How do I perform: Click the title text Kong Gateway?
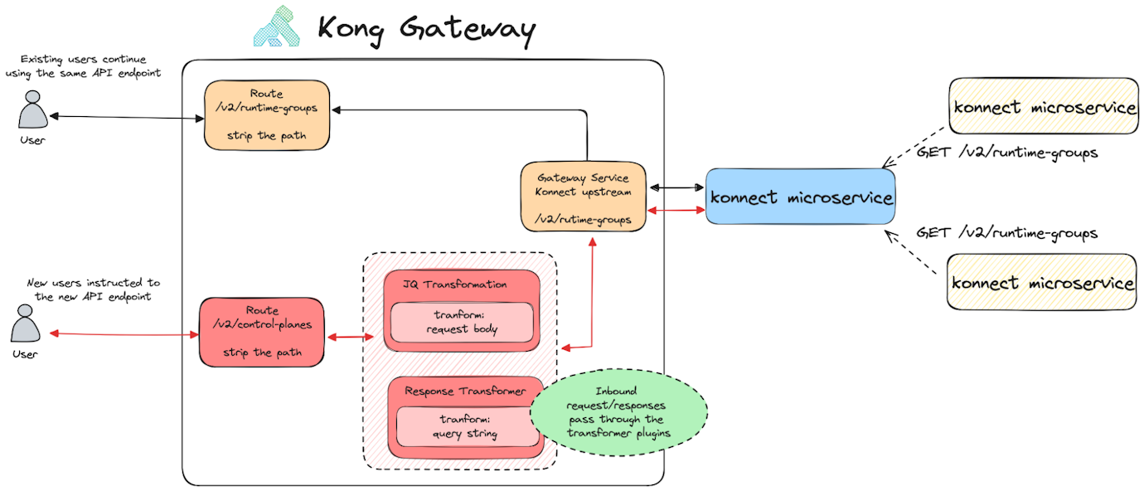tap(426, 30)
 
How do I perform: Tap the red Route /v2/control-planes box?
tap(261, 332)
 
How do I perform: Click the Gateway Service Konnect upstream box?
tap(583, 197)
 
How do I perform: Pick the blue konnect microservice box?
tap(800, 197)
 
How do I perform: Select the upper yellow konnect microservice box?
tap(1043, 107)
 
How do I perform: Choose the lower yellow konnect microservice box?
tap(1042, 282)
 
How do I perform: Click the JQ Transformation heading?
tap(454, 284)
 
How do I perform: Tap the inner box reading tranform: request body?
tap(462, 323)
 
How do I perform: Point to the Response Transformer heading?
tap(465, 391)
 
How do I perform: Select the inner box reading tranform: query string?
tap(463, 426)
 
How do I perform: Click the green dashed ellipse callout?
tap(618, 413)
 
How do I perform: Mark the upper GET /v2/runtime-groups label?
tap(1006, 153)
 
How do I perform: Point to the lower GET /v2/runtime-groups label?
tap(1006, 233)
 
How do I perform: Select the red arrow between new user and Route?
tap(124, 334)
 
